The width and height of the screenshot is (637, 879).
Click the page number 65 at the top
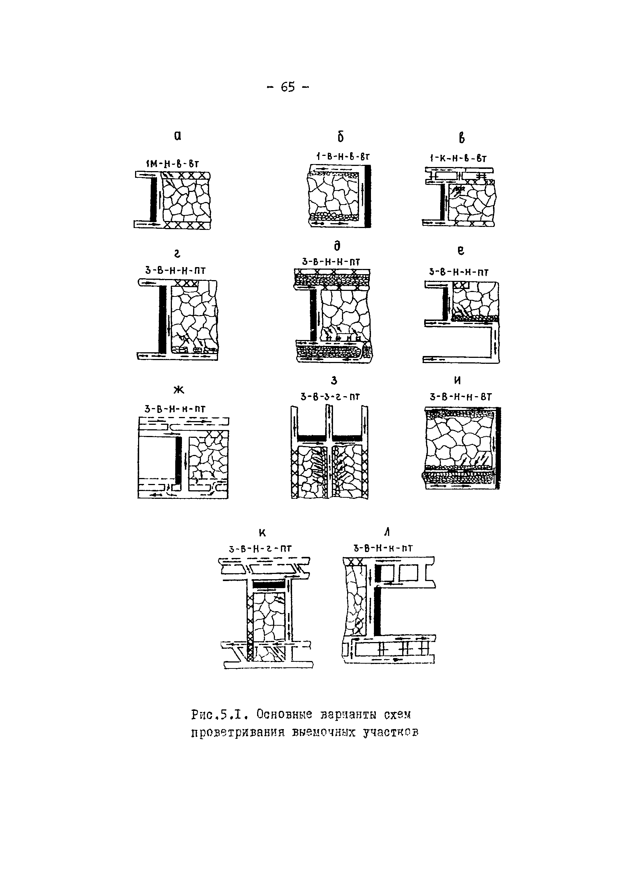(288, 87)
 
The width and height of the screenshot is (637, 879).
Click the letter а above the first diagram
(177, 136)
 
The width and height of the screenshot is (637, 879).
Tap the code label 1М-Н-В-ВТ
(172, 164)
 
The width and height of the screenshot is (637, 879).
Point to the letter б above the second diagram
(340, 137)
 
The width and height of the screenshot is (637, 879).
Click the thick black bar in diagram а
(154, 200)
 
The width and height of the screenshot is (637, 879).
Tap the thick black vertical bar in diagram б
(368, 196)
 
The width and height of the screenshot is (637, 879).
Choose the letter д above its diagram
(337, 246)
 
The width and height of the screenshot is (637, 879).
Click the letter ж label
(178, 390)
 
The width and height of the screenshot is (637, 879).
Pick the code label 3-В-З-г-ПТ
(330, 397)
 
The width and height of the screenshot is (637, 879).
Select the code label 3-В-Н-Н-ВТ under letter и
(461, 397)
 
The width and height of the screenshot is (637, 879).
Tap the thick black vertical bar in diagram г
(163, 319)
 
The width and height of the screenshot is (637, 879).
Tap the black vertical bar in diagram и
(498, 447)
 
